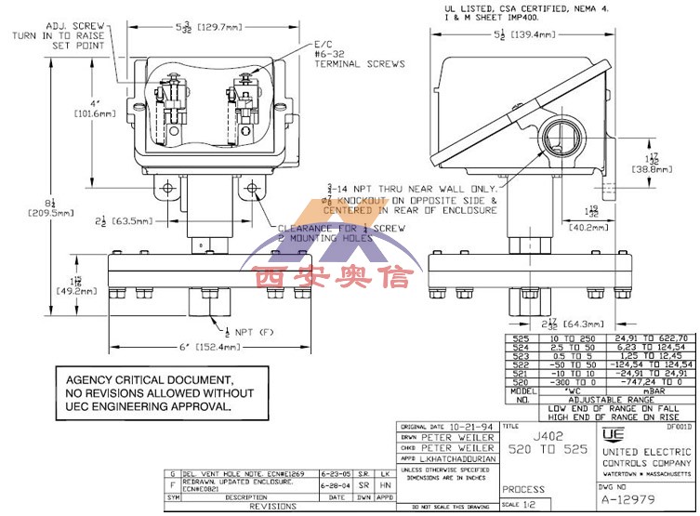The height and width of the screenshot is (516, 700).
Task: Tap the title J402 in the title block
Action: (x=524, y=435)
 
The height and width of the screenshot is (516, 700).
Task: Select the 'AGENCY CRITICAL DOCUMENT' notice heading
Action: (x=147, y=380)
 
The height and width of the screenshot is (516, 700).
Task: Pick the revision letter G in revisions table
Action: (x=173, y=473)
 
